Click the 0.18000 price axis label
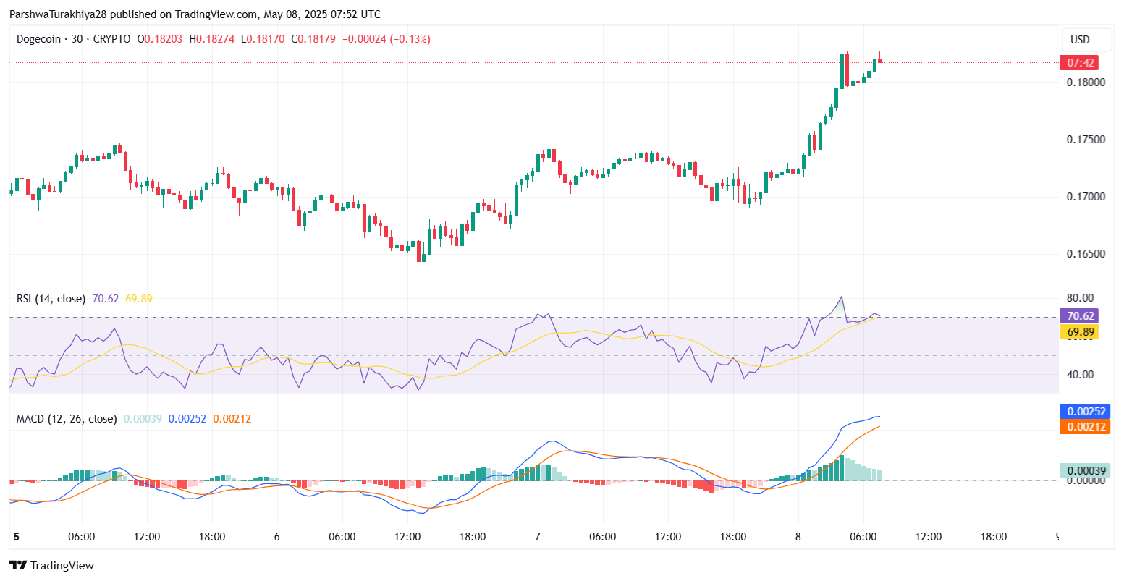click(1086, 82)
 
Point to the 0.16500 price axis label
click(1086, 254)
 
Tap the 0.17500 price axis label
click(1086, 139)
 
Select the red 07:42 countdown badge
click(1078, 62)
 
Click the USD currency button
click(1080, 40)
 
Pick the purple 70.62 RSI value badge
click(1079, 316)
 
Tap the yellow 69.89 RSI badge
click(1079, 332)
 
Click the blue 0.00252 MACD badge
click(1083, 412)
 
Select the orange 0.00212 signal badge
click(1083, 427)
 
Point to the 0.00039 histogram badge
click(1083, 471)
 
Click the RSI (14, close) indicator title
click(51, 298)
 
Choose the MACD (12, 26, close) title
click(67, 418)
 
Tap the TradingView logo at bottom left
click(51, 566)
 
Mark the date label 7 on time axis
click(538, 537)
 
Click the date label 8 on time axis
click(798, 537)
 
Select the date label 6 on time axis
click(277, 537)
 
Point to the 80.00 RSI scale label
click(1080, 298)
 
